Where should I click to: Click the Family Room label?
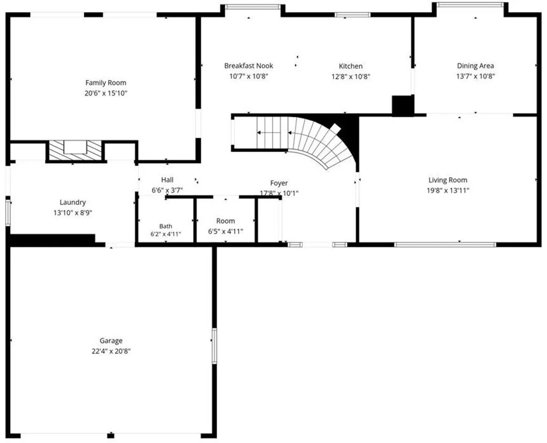click(x=106, y=83)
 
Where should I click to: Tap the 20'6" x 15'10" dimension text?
click(x=106, y=93)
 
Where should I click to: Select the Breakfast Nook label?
click(x=248, y=66)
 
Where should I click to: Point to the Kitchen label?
click(x=351, y=66)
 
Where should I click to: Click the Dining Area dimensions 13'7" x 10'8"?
click(x=476, y=76)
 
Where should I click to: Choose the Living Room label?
click(x=448, y=180)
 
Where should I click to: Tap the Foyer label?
click(x=279, y=183)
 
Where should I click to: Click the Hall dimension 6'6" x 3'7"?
click(x=167, y=190)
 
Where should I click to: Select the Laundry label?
click(x=73, y=202)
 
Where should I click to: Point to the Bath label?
click(x=165, y=226)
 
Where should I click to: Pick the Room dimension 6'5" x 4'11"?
click(x=225, y=231)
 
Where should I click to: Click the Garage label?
click(x=111, y=341)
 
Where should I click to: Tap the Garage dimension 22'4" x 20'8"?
click(x=111, y=351)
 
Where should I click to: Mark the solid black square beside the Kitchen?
click(x=402, y=106)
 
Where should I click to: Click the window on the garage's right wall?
click(x=214, y=346)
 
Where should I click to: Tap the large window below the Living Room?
click(x=445, y=244)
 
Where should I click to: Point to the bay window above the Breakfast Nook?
click(x=253, y=7)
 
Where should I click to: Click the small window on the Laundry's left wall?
click(x=8, y=213)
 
